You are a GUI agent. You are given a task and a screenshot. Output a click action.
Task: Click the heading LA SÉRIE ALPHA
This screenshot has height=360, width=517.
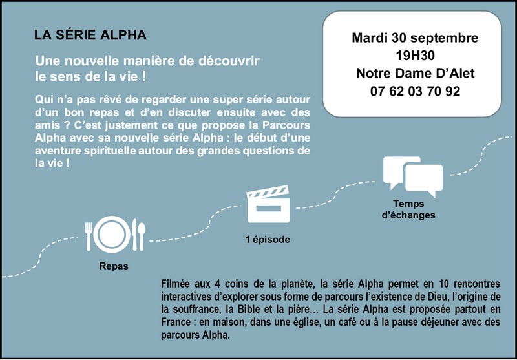(90, 34)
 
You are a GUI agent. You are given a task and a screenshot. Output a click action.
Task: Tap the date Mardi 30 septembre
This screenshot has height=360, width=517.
(415, 38)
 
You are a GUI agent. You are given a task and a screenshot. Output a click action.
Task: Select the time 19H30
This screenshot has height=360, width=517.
(415, 56)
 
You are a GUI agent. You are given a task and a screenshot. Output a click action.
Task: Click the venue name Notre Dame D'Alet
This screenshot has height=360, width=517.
(415, 74)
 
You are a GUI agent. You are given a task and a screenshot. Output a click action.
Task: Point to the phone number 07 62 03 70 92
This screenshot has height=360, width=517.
(415, 92)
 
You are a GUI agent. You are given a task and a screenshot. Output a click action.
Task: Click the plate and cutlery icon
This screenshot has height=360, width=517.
(114, 235)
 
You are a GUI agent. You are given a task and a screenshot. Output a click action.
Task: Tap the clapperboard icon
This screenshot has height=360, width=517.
(268, 205)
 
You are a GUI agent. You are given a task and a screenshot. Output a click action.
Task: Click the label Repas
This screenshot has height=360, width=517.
(114, 266)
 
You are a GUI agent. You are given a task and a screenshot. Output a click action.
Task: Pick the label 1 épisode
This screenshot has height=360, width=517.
(268, 240)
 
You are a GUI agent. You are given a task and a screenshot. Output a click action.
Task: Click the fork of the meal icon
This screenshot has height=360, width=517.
(89, 235)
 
